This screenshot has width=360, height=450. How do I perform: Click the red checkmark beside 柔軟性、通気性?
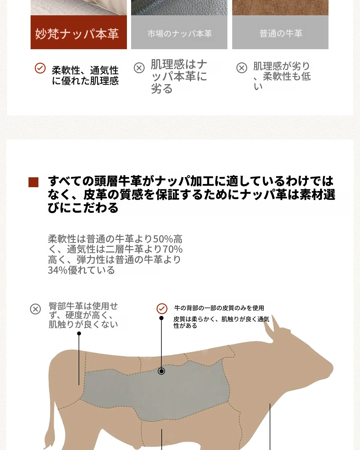point(40,68)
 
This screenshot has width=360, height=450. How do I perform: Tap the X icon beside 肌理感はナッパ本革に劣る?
point(139,68)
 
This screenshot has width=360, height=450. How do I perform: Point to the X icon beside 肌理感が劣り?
point(241,68)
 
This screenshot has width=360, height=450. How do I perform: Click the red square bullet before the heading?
point(34,182)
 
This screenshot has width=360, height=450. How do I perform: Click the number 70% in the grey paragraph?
point(172,249)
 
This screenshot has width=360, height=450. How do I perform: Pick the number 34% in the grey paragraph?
point(58,270)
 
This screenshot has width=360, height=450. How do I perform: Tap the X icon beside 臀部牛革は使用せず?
point(35,309)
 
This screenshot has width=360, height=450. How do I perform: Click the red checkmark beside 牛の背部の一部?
point(162,309)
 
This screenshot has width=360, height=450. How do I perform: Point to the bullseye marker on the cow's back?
point(161,371)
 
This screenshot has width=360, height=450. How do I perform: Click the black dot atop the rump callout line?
point(79,334)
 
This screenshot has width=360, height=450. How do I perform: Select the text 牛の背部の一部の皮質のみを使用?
point(219,308)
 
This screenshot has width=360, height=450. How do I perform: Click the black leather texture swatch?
point(179,7)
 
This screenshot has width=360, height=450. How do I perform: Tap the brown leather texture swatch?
point(280,7)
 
